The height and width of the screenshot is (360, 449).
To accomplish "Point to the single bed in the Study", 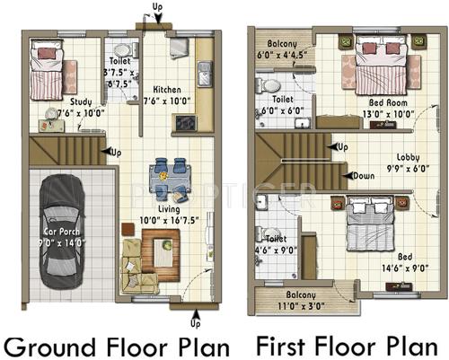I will [43, 69].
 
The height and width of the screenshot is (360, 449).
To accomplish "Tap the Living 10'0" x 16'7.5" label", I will [165, 215].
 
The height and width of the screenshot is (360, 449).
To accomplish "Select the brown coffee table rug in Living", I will [161, 249].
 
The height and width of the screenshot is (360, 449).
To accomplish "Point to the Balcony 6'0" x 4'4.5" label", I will [282, 48].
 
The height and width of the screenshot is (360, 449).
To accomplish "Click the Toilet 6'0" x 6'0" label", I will [283, 105].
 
